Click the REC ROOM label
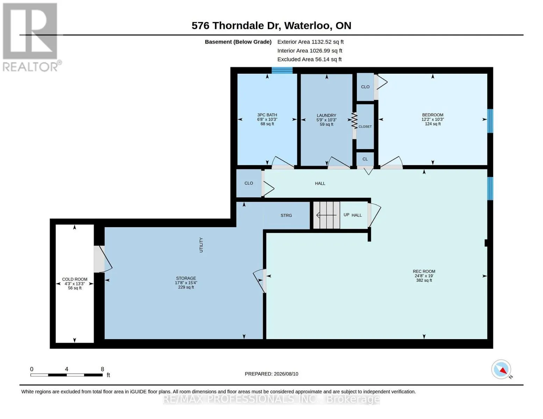tap(424, 271)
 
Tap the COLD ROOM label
tap(75, 279)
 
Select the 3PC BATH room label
tap(267, 115)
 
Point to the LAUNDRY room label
tap(326, 115)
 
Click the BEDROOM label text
tap(433, 115)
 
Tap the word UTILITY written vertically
tap(201, 245)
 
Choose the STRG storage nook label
tap(286, 215)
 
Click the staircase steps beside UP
tap(326, 215)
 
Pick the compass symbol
tap(501, 369)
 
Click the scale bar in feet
tap(66, 375)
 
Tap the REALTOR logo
tap(31, 37)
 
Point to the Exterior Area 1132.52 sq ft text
tap(310, 42)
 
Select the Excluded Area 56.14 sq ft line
tap(309, 59)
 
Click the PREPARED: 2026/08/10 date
tap(271, 374)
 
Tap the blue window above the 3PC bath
tap(282, 71)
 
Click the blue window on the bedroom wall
tap(490, 121)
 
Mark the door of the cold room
tap(103, 259)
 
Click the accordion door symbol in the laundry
tap(354, 120)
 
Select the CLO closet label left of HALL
tap(249, 183)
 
